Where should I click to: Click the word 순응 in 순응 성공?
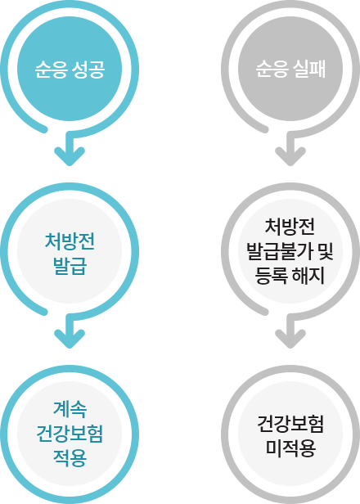point(51,69)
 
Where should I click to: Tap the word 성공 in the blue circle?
point(88,69)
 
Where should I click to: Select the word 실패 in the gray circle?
point(309,69)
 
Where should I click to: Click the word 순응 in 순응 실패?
point(272,69)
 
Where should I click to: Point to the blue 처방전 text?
point(70,241)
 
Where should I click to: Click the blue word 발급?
point(70,267)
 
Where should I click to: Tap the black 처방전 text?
point(290,227)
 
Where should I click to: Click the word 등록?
point(271,276)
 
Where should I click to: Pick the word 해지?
point(308,276)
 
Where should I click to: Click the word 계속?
point(70,409)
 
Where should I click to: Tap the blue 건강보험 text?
point(70,434)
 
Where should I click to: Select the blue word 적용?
point(70,458)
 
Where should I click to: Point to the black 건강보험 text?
point(290,424)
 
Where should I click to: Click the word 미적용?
point(290,448)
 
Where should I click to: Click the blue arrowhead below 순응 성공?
point(70,156)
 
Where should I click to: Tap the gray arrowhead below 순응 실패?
point(290,156)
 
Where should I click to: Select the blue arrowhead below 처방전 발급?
point(70,339)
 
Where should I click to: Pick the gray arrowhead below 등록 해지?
point(290,339)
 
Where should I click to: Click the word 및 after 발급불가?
point(326,251)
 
